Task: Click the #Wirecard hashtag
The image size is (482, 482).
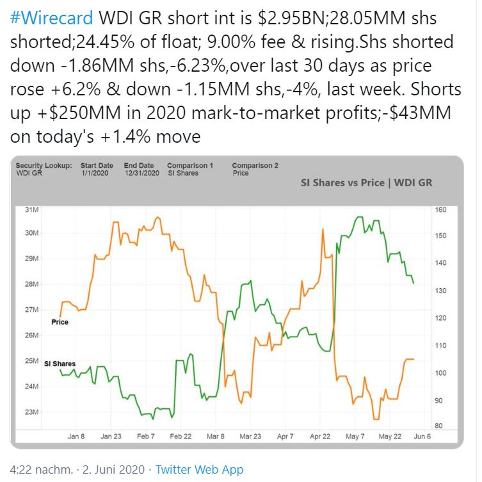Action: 52,17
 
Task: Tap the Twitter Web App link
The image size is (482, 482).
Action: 199,469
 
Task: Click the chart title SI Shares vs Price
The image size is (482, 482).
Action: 366,182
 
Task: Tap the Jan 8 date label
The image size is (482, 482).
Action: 76,437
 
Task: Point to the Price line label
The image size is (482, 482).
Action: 60,322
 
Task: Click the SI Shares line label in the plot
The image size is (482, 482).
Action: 60,364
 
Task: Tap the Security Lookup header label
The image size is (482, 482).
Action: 44,166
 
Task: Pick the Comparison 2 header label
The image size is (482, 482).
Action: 255,166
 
